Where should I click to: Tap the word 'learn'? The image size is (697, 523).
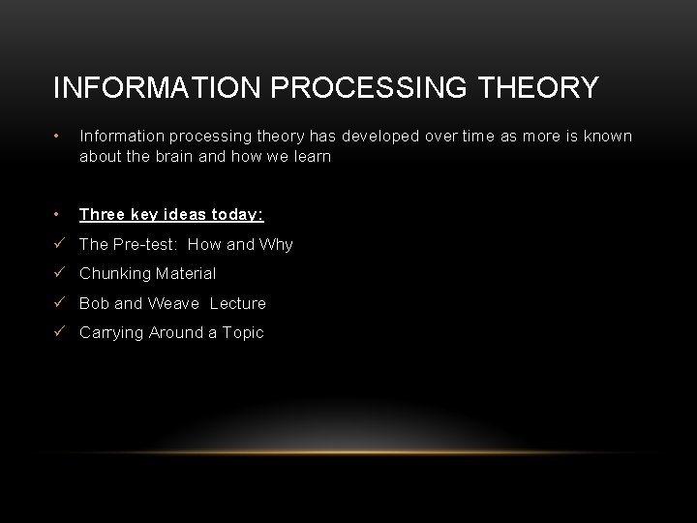309,156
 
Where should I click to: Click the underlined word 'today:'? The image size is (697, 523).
238,214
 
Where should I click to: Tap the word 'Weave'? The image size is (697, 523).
175,303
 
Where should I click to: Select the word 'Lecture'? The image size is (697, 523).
238,303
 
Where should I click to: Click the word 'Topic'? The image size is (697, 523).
242,332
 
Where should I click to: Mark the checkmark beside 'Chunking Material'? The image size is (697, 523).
60,274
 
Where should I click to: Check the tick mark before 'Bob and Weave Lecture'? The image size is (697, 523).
60,303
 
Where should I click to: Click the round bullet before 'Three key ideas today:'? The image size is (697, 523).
59,214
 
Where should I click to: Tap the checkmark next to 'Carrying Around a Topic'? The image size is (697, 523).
60,332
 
